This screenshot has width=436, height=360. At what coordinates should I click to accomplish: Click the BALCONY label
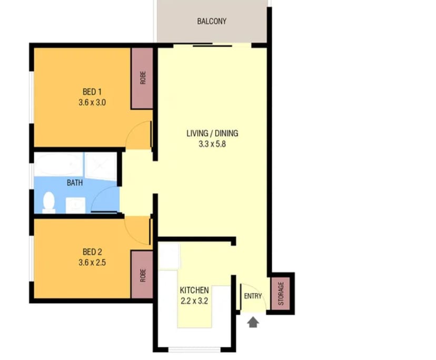[x=212, y=22]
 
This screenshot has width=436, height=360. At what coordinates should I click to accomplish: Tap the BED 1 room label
[x=92, y=92]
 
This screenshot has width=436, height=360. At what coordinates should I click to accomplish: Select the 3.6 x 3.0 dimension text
[x=92, y=103]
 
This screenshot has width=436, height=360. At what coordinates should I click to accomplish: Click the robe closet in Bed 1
[x=142, y=78]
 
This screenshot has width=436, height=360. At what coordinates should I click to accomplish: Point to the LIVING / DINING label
[x=212, y=133]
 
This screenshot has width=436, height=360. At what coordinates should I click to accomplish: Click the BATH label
[x=74, y=183]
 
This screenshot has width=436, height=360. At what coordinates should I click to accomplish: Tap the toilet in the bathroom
[x=48, y=202]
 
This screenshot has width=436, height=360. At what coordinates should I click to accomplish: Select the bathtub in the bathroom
[x=58, y=164]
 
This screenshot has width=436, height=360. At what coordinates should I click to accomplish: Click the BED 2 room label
[x=92, y=252]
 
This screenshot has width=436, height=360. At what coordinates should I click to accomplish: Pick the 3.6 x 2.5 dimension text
[x=92, y=262]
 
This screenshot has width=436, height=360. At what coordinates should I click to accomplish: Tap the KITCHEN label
[x=194, y=290]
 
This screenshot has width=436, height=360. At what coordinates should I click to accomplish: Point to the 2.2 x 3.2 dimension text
[x=194, y=301]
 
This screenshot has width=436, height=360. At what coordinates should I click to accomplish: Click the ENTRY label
[x=253, y=296]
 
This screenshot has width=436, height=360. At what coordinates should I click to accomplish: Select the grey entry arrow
[x=253, y=322]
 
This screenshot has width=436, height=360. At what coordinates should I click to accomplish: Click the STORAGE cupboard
[x=281, y=293]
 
